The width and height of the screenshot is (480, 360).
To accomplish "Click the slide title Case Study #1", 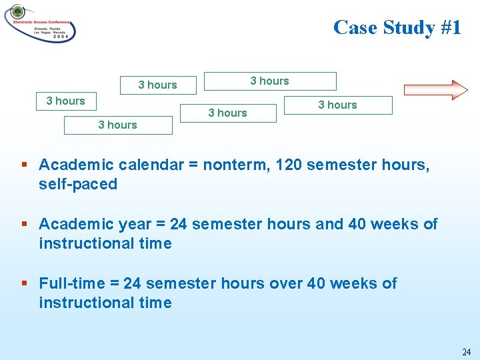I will (x=397, y=27).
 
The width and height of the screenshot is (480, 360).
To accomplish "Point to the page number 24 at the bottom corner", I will (x=466, y=351).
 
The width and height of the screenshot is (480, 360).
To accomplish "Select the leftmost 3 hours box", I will (x=66, y=101).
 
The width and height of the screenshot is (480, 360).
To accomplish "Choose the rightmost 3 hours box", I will (x=338, y=105).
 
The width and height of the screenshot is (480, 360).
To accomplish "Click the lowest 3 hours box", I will (x=118, y=125).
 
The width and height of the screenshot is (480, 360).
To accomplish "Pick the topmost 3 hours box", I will (x=270, y=81).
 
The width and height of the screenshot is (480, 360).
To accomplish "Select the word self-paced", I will (x=78, y=184).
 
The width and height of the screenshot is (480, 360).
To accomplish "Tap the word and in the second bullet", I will (x=329, y=224).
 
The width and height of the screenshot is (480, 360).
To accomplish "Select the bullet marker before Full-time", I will (x=25, y=283).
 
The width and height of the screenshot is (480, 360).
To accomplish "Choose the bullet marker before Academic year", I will (x=25, y=224).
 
